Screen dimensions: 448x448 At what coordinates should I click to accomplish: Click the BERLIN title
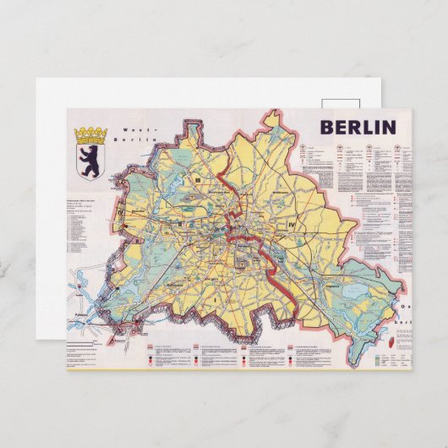(x=358, y=128)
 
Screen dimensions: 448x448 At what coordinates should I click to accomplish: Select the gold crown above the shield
(x=89, y=134)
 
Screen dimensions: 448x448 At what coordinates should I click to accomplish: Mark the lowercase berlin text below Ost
(x=404, y=321)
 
